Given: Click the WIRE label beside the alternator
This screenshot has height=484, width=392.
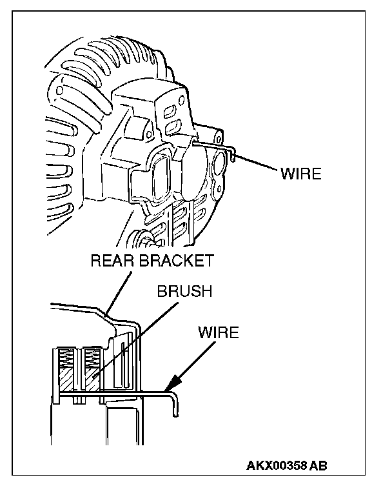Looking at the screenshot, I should click(300, 174).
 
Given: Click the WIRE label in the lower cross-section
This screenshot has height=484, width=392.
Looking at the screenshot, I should click(218, 333).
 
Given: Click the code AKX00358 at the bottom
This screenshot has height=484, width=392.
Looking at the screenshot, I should click(277, 466).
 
